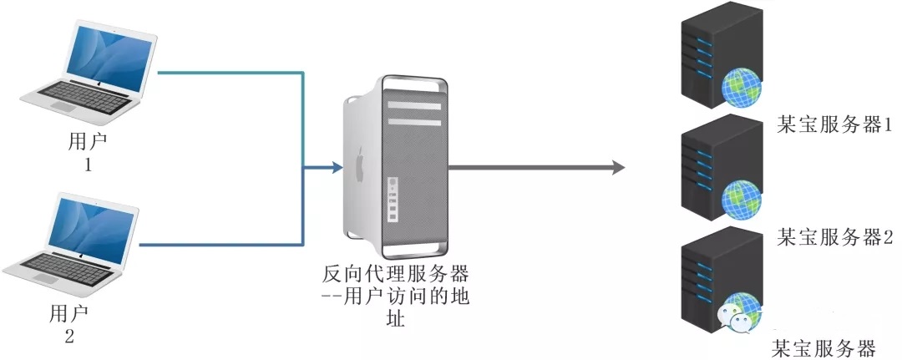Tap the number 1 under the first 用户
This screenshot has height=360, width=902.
(87, 165)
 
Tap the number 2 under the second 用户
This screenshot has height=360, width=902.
(68, 337)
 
